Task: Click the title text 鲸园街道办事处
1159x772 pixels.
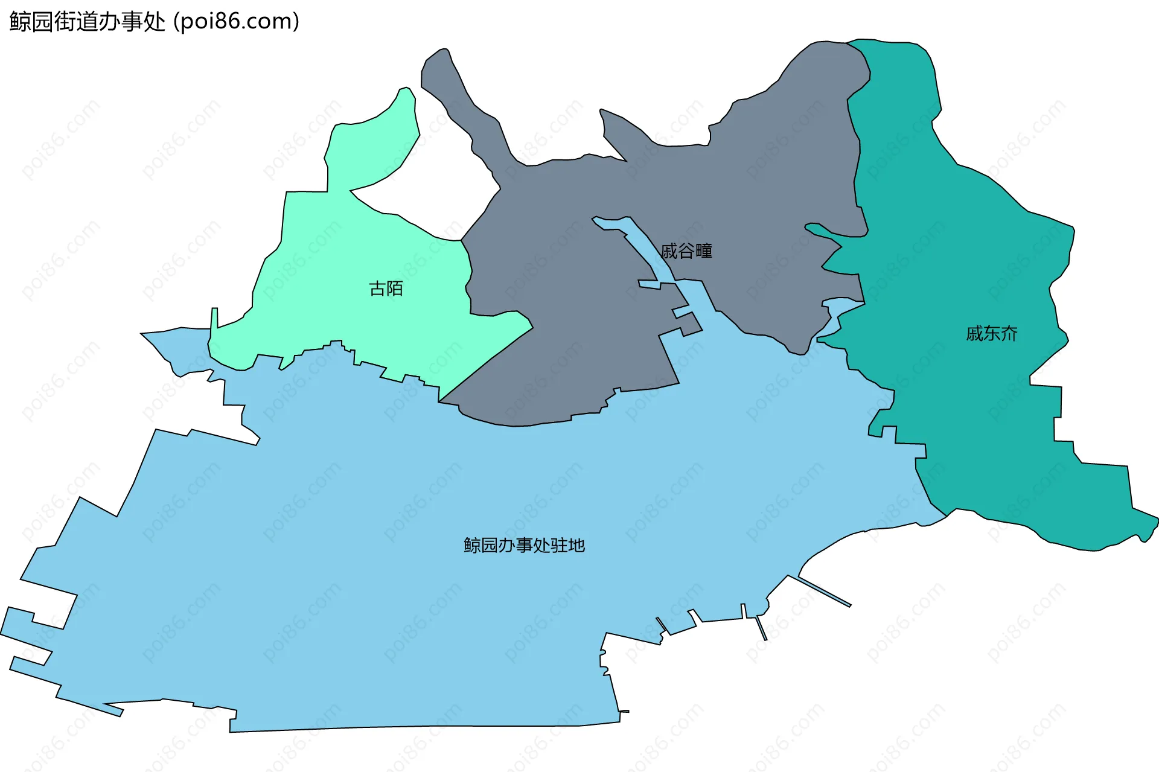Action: pos(88,22)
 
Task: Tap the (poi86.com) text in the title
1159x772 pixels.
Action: pos(237,22)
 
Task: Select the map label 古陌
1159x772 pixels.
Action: pos(386,289)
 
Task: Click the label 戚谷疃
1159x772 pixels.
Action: pos(686,251)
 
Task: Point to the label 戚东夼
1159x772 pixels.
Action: pos(991,334)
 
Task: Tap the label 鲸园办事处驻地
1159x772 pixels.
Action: pos(524,546)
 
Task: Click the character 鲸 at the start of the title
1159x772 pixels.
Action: pos(20,22)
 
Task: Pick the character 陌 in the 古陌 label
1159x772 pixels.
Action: pos(395,289)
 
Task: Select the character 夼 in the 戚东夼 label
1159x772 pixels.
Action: pos(1009,334)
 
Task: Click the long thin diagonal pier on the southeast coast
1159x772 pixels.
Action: pos(825,592)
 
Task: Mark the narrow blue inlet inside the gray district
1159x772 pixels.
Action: pos(646,247)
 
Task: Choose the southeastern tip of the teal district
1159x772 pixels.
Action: pos(1150,525)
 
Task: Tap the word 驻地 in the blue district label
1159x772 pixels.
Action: pos(568,546)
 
